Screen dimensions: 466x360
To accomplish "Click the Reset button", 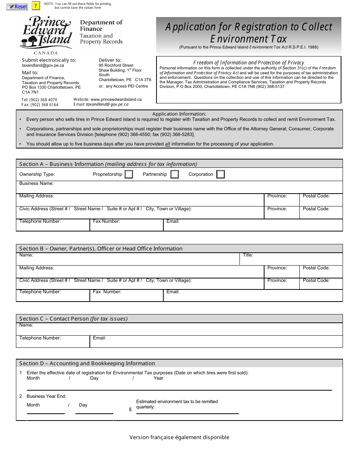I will point(17,6).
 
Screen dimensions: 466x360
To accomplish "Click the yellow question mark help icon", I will point(36,6).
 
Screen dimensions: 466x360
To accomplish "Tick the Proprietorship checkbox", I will point(129,174).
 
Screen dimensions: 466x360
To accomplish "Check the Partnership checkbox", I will point(174,174).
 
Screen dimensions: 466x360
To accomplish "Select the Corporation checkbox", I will point(221,174).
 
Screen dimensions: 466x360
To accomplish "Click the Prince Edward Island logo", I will point(47,35).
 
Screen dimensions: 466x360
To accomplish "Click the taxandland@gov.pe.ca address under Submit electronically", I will point(43,65).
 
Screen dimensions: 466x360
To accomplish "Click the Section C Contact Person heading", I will point(74,319).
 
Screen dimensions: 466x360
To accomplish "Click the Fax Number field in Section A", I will point(126,226).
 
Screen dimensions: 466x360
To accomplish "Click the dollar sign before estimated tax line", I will point(130,410).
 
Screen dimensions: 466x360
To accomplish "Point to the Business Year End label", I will point(46,396).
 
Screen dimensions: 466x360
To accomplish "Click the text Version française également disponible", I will point(179,437).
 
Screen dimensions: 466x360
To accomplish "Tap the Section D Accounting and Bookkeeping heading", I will point(87,363).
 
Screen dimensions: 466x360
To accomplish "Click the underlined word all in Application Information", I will point(167,144).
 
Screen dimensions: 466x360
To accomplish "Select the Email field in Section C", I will point(216,342).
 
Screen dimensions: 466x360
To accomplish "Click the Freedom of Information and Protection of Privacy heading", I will point(249,63).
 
